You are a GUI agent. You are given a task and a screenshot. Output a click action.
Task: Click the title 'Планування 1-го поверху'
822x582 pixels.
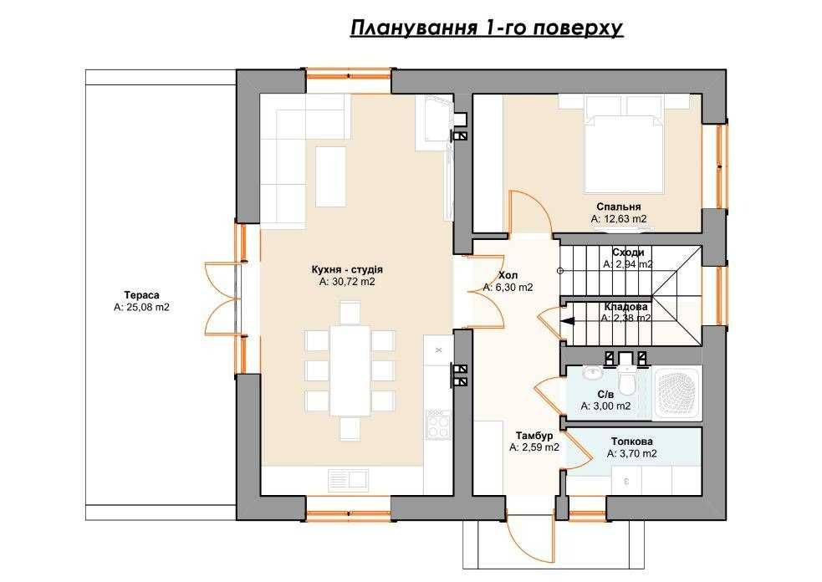click(x=487, y=29)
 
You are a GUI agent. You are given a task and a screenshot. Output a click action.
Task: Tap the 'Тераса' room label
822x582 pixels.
click(x=141, y=295)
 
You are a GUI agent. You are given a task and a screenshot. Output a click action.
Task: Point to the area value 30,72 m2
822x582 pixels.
click(x=347, y=283)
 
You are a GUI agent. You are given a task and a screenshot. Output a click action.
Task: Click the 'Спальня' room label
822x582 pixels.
click(x=619, y=207)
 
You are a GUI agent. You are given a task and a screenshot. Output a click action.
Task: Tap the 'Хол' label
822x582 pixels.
click(x=508, y=275)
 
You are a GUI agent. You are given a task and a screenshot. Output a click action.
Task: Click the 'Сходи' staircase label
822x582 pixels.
click(x=627, y=252)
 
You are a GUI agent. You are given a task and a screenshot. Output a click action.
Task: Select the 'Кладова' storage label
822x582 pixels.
click(x=625, y=307)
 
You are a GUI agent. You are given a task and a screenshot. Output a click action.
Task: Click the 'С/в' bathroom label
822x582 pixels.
click(x=605, y=394)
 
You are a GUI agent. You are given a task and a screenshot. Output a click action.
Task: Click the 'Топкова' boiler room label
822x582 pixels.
click(x=632, y=442)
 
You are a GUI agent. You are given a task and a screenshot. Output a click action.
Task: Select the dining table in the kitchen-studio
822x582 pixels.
click(x=350, y=370)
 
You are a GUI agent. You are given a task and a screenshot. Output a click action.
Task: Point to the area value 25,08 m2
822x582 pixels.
click(x=141, y=308)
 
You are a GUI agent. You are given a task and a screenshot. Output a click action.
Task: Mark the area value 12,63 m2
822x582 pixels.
click(x=619, y=219)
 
